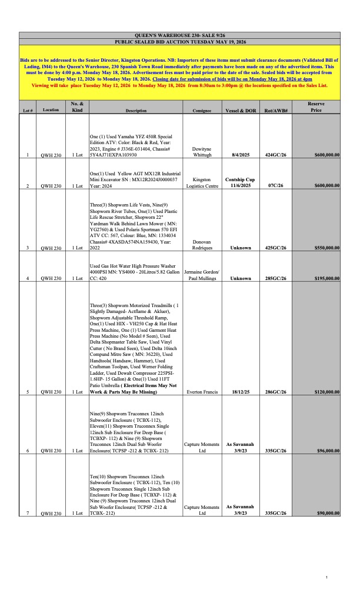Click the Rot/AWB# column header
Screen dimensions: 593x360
coord(275,111)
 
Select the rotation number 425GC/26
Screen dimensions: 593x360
coord(275,248)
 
